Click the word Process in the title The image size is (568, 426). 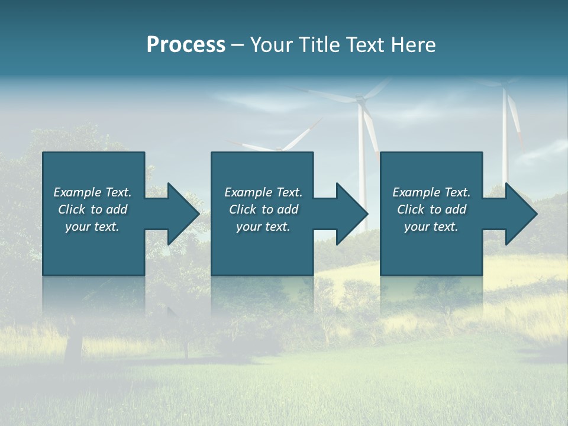[x=186, y=44]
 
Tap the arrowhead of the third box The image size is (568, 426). [x=521, y=214]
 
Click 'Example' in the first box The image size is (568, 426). [x=78, y=192]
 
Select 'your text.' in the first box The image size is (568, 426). [x=92, y=227]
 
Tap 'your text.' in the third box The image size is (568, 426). [x=431, y=227]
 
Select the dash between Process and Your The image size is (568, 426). [x=238, y=46]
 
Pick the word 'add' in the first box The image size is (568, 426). [x=117, y=209]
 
